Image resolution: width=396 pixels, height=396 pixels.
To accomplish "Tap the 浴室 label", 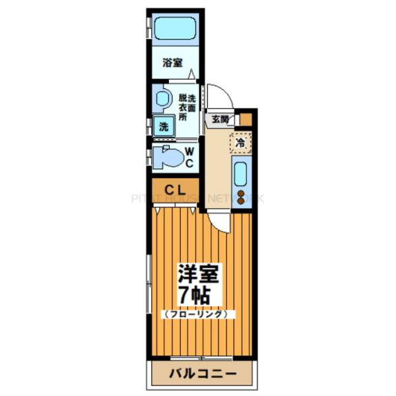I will tap(172, 63).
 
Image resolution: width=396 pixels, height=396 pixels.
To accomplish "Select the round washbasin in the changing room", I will tap(162, 100).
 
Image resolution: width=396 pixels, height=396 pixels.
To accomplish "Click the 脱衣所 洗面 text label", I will tap(186, 105).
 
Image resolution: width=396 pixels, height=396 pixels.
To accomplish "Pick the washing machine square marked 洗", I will tap(162, 125).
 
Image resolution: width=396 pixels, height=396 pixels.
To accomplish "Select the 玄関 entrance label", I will tap(220, 119).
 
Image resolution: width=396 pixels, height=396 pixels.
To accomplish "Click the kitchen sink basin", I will tap(241, 175).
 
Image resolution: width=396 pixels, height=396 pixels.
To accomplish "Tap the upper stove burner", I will tap(241, 194).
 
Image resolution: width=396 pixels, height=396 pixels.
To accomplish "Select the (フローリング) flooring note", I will tap(197, 314).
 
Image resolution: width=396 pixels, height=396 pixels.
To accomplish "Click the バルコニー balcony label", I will tap(203, 374).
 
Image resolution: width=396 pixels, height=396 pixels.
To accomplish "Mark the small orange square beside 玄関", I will tap(246, 119).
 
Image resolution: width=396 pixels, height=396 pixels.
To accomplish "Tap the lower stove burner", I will tap(241, 202).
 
